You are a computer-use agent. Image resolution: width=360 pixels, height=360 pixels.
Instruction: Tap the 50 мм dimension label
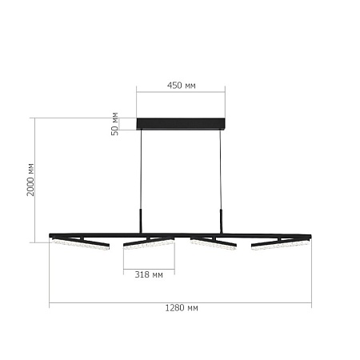tap(114, 122)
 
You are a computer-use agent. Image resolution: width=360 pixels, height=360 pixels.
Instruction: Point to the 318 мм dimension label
tap(149, 275)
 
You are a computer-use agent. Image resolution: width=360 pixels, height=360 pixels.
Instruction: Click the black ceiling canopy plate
tap(181, 123)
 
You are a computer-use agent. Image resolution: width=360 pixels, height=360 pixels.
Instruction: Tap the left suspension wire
tap(142, 172)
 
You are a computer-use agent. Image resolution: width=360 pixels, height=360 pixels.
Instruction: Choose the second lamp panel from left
tap(149, 242)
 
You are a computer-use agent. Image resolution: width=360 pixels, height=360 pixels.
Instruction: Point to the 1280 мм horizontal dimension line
tap(181, 303)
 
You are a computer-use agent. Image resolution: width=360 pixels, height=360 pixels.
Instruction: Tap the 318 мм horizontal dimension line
tap(149, 267)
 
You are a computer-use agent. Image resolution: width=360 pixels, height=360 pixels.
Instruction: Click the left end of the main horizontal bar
tap(51, 235)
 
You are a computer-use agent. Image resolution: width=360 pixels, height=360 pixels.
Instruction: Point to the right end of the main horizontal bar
tap(310, 235)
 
